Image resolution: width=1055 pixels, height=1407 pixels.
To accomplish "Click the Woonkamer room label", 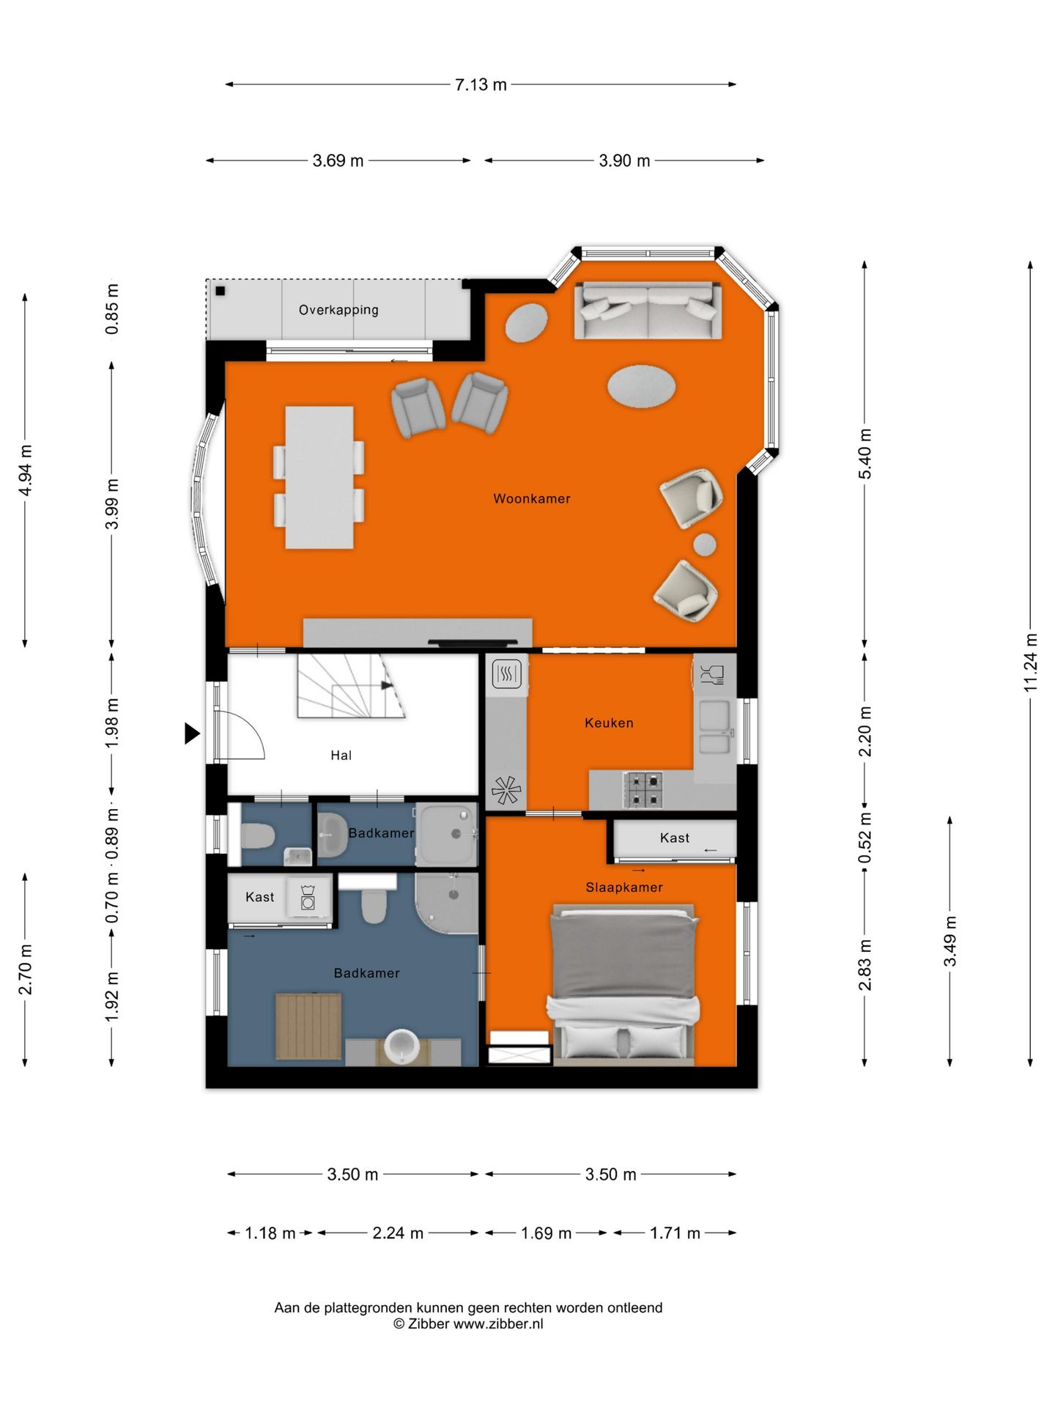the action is tap(531, 499).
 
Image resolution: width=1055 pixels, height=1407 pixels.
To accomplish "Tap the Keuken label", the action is tap(609, 723).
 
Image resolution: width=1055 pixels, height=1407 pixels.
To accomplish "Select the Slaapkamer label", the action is tap(623, 887).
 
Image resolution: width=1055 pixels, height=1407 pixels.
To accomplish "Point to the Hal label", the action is tap(341, 756).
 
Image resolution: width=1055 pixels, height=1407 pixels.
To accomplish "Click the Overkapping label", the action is tap(338, 310).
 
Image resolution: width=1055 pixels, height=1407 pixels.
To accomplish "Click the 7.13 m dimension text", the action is tap(481, 85).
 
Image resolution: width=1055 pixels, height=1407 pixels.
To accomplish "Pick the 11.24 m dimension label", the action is tap(1031, 662).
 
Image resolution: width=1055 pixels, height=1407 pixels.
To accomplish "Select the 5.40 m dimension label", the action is tap(865, 454).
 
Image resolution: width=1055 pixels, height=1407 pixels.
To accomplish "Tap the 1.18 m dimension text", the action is tap(270, 1233).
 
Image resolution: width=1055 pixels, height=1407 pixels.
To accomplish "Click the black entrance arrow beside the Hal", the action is tap(192, 734).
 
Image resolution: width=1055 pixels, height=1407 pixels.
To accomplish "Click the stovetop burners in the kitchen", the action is tap(643, 790).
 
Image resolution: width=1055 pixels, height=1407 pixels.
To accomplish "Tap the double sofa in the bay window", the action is tap(648, 311).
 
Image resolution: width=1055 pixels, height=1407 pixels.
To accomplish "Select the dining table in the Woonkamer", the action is tap(319, 478).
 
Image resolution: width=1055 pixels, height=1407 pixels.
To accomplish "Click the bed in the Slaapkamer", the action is tap(623, 982).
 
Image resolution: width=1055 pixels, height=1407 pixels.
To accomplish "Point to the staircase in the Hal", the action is tap(351, 686).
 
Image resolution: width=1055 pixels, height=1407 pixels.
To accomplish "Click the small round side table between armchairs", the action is tap(705, 544).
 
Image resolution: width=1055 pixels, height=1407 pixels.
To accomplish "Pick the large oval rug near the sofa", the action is tap(641, 386).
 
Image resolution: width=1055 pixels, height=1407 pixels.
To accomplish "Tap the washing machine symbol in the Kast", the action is tap(308, 898).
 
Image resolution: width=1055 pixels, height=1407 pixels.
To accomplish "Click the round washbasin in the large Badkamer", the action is tap(401, 1046).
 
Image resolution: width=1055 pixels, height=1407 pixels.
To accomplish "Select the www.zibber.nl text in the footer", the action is tap(498, 1324).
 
